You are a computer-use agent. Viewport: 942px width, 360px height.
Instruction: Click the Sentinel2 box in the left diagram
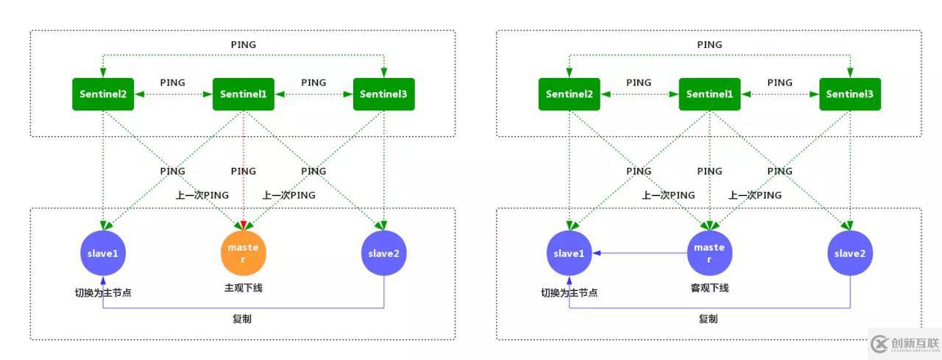[x=103, y=94]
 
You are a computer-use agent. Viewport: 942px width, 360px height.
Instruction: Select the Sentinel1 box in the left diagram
[x=244, y=94]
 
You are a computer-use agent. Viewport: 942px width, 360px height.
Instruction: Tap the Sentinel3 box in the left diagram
[x=384, y=94]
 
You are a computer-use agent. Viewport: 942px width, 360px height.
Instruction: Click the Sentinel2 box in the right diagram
[x=569, y=94]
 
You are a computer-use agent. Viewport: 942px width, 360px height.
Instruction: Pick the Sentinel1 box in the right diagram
[x=709, y=94]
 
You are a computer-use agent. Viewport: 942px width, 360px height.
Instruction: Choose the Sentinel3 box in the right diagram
[x=850, y=94]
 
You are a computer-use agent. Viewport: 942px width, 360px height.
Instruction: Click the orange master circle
[x=244, y=253]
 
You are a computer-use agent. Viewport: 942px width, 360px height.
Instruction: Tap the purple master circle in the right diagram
[x=709, y=253]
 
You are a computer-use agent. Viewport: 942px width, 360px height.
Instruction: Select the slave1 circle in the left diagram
[x=103, y=253]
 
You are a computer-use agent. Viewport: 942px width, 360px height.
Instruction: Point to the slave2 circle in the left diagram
[x=384, y=253]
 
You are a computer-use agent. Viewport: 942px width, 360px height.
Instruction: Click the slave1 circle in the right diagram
[x=569, y=253]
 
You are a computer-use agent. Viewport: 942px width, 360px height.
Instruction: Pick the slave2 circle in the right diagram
[x=850, y=253]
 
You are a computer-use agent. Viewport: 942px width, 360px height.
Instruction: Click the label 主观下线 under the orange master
[x=244, y=288]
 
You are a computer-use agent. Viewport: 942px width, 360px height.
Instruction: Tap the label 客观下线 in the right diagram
[x=709, y=288]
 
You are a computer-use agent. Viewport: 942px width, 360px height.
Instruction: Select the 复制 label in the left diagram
[x=243, y=319]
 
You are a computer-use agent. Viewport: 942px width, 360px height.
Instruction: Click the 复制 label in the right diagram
[x=709, y=319]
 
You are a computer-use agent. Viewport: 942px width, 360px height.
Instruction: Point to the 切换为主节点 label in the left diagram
[x=103, y=292]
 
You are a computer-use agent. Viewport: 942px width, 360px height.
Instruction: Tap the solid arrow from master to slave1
[x=640, y=253]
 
